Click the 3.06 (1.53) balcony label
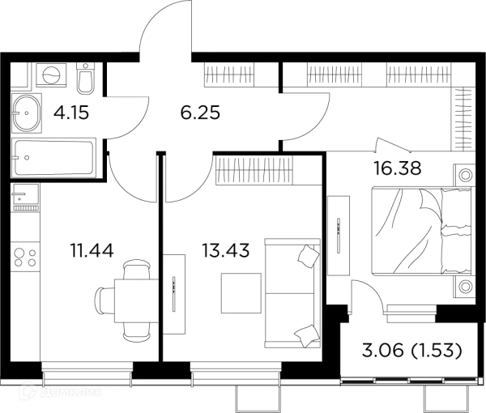(x=412, y=351)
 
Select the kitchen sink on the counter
(x=25, y=196)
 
